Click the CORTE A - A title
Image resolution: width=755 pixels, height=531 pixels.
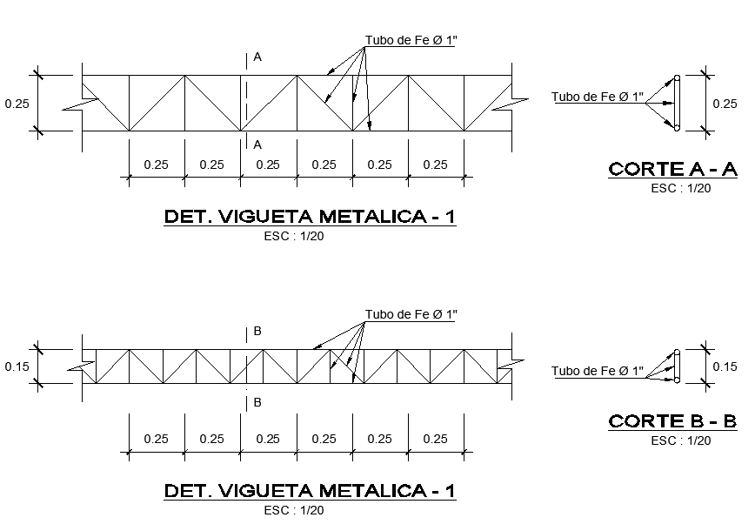(672, 169)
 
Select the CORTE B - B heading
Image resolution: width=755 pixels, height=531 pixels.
(672, 422)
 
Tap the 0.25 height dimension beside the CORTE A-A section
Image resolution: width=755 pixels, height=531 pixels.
(725, 104)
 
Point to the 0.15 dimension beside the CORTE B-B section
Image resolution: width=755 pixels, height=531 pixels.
(725, 366)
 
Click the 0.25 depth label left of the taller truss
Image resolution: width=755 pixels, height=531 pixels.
(17, 104)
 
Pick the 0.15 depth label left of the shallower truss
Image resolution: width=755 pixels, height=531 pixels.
(17, 366)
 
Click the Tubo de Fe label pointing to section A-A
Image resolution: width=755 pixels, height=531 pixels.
(598, 97)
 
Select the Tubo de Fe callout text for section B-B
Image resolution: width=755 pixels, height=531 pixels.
(598, 372)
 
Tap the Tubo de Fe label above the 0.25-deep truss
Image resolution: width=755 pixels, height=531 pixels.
(411, 40)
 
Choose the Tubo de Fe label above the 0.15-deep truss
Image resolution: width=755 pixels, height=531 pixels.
(411, 313)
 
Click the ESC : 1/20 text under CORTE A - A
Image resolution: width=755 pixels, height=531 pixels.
(681, 187)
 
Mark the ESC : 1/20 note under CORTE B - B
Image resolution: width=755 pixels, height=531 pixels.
(681, 440)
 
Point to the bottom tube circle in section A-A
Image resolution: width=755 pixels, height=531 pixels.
(677, 128)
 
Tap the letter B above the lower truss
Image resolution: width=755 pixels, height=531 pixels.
(257, 332)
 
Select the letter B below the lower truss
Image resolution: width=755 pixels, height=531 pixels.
(257, 403)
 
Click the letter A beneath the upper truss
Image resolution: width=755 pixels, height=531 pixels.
(257, 145)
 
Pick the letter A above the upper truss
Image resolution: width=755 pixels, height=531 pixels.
(257, 57)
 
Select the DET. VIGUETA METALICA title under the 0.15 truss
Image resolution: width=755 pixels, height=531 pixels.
(310, 491)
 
